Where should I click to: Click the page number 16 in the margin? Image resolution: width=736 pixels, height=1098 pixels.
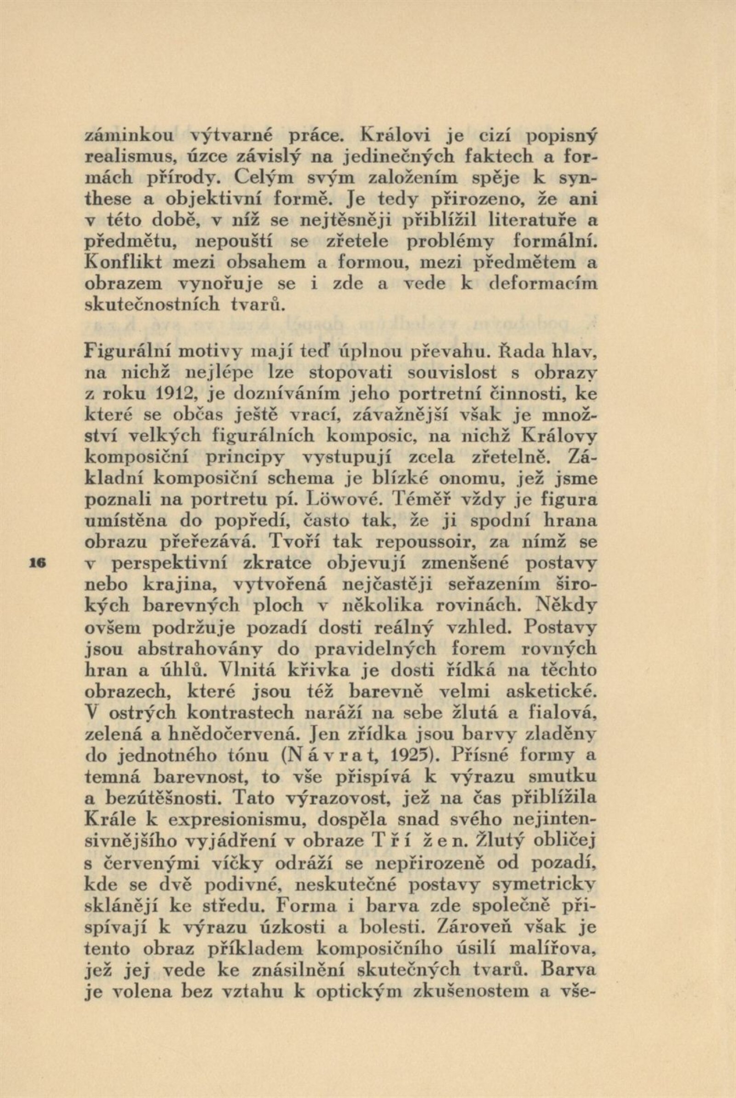point(36,561)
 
